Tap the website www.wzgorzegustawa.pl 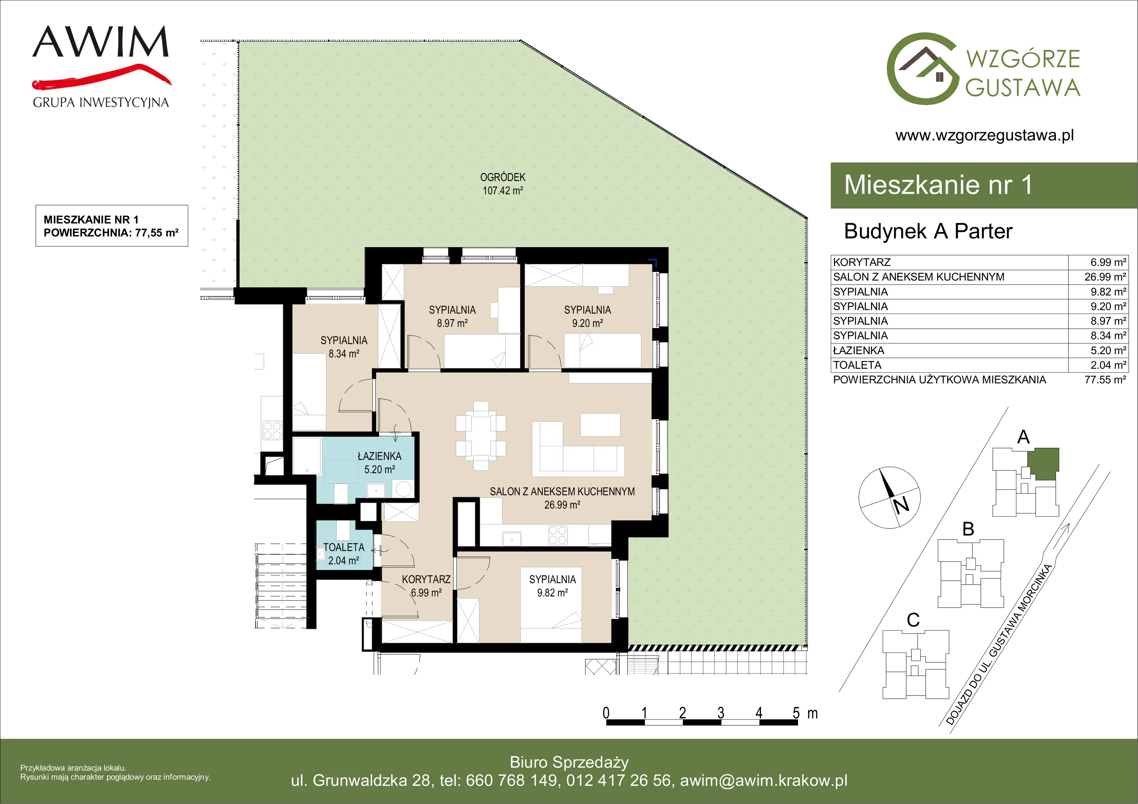pos(984,135)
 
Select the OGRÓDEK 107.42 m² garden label pos(502,183)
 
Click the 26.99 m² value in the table pos(1105,277)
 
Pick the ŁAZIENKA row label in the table pos(858,351)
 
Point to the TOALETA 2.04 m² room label pos(344,554)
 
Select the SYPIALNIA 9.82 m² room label pos(552,586)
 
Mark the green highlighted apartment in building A pos(1043,463)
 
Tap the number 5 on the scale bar pos(796,713)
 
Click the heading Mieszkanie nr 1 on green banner pos(938,185)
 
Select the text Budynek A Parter pos(928,231)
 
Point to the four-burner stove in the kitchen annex pos(558,535)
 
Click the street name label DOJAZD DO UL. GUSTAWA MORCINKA pos(999,644)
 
